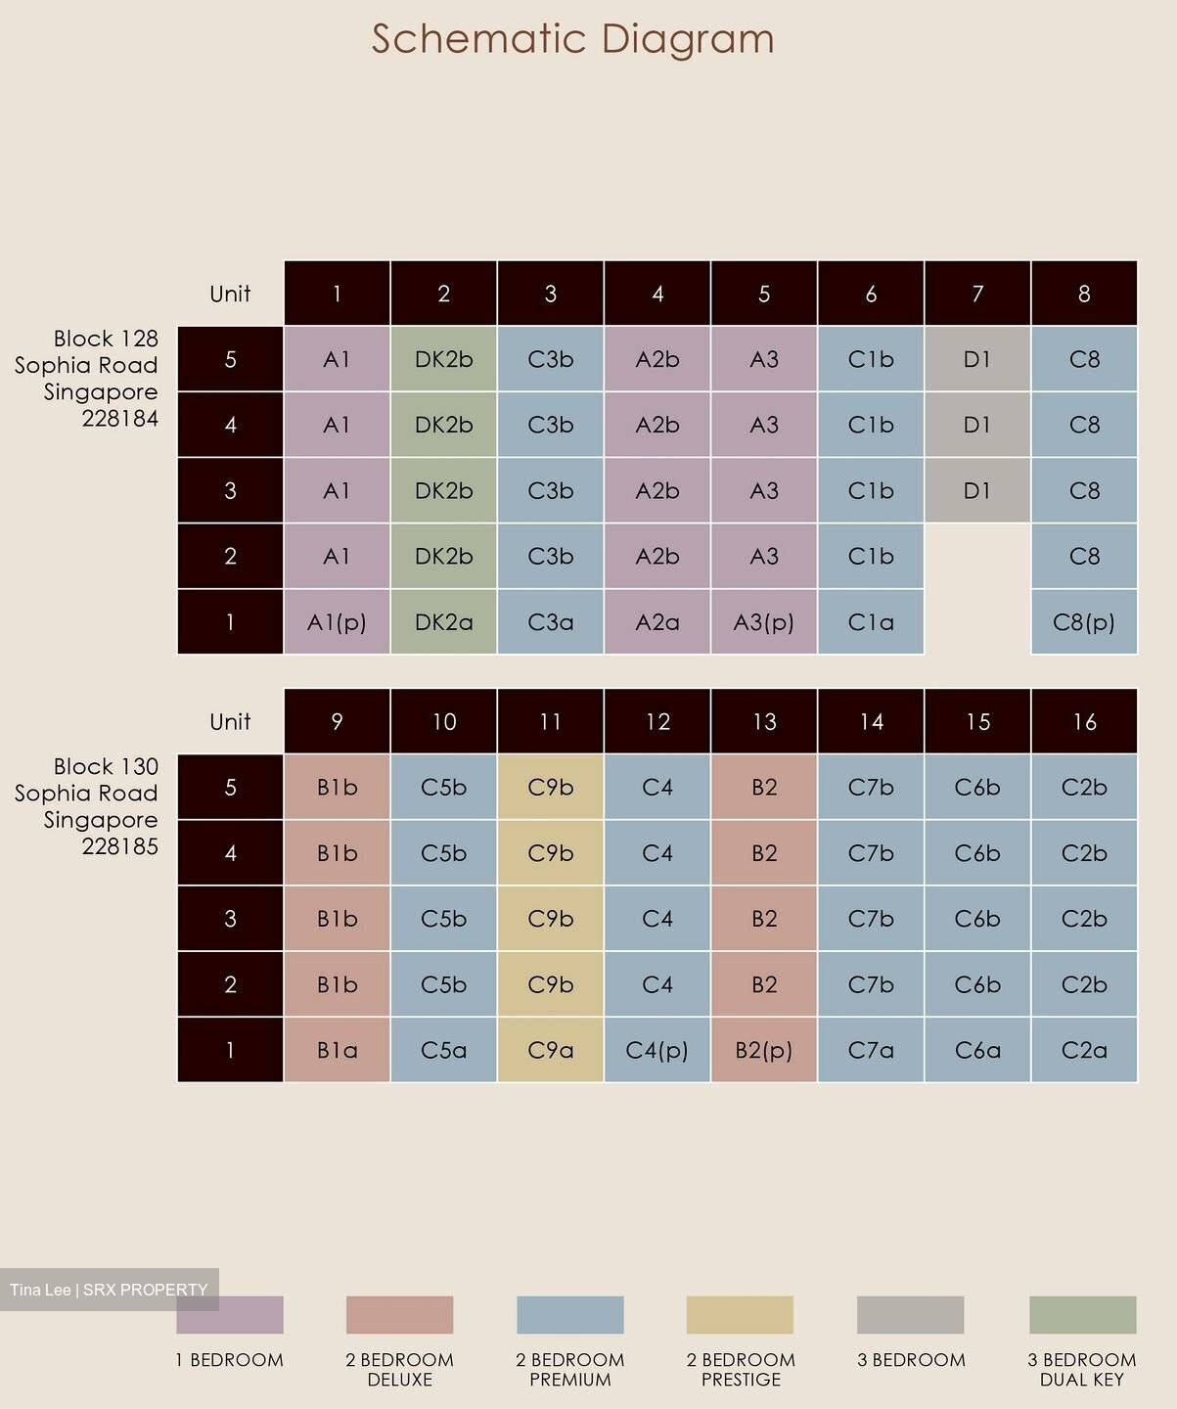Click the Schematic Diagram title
click(572, 39)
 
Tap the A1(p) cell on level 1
click(337, 621)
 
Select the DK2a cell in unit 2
click(443, 621)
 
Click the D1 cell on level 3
click(977, 490)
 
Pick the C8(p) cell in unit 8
click(1084, 621)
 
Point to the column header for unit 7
click(977, 293)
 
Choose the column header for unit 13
click(764, 721)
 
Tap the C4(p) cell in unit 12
click(657, 1050)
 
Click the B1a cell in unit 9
click(337, 1050)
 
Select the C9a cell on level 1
click(551, 1050)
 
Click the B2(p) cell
click(764, 1050)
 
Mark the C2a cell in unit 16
click(1084, 1050)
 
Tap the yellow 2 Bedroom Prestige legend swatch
click(740, 1314)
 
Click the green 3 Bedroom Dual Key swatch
click(1082, 1314)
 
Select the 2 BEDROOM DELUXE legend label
click(399, 1369)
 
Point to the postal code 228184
click(120, 419)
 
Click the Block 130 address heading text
click(86, 805)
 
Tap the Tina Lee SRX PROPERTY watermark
click(109, 1290)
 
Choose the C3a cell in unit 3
click(551, 621)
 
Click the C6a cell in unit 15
click(977, 1050)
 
